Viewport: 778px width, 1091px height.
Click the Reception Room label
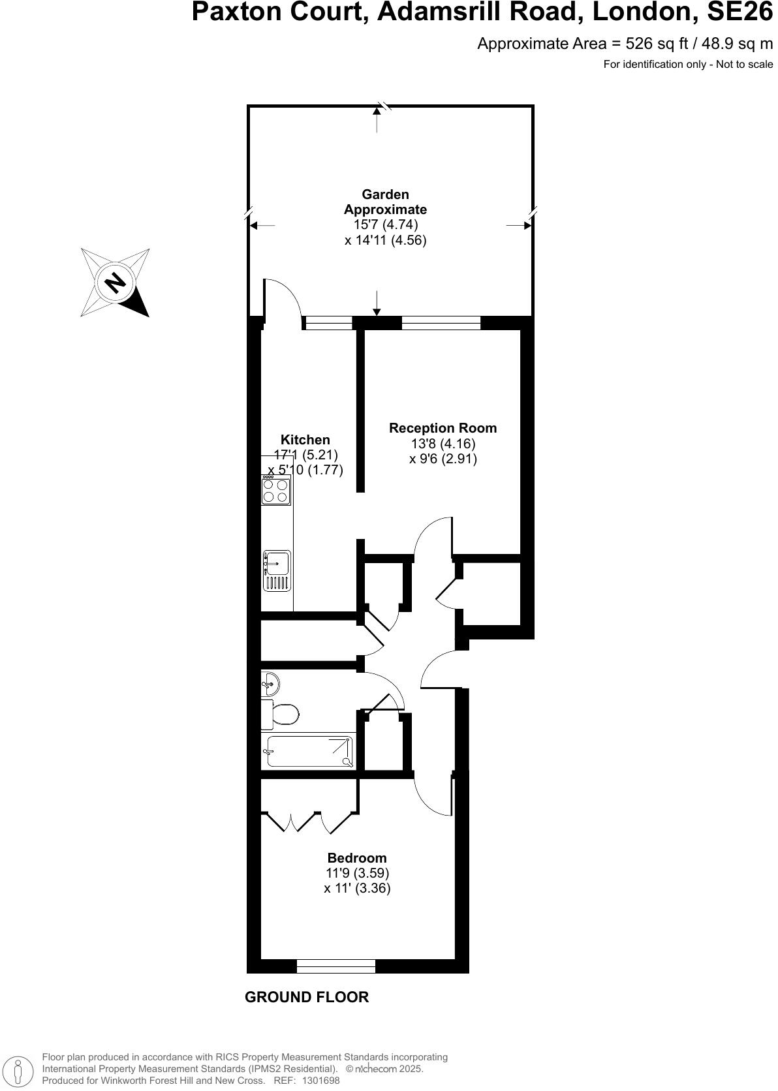pyautogui.click(x=443, y=428)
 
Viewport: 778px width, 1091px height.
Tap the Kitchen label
pyautogui.click(x=305, y=440)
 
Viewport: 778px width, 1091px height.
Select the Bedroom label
pyautogui.click(x=356, y=858)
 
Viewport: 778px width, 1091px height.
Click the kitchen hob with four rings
pyautogui.click(x=276, y=490)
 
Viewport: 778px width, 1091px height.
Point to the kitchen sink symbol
pyautogui.click(x=277, y=570)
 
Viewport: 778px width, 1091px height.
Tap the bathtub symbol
pyautogui.click(x=309, y=752)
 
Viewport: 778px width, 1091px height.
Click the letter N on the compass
pyautogui.click(x=115, y=283)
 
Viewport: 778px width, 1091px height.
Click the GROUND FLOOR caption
pyautogui.click(x=306, y=997)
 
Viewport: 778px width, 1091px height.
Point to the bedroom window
pyautogui.click(x=335, y=966)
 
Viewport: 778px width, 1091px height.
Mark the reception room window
pyautogui.click(x=441, y=322)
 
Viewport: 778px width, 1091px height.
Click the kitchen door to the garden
pyautogui.click(x=283, y=300)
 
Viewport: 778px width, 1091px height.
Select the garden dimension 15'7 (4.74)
pyautogui.click(x=385, y=224)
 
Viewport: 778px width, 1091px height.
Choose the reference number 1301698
pyautogui.click(x=319, y=1081)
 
